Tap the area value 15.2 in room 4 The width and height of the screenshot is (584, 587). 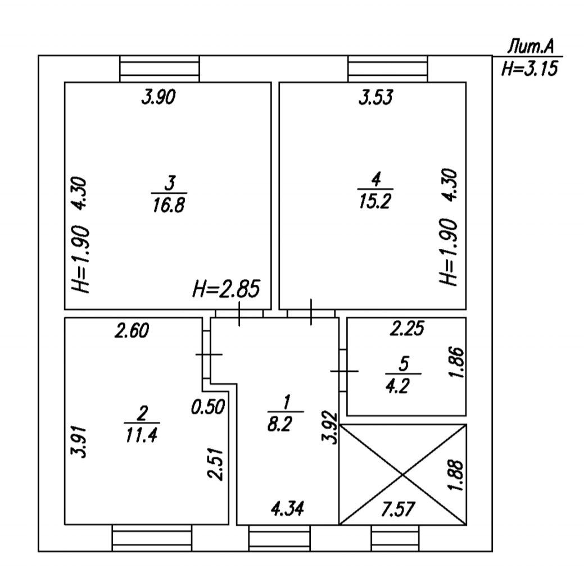click(375, 202)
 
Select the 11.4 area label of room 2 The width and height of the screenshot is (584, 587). click(141, 435)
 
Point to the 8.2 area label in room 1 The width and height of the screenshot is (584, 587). click(286, 424)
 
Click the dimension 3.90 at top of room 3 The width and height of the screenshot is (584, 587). click(159, 98)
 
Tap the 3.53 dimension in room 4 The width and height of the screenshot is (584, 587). click(375, 99)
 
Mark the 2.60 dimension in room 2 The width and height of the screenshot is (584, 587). click(132, 331)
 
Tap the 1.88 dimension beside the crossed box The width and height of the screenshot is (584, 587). click(457, 476)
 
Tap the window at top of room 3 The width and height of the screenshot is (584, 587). click(160, 69)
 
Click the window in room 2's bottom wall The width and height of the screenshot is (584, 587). click(152, 538)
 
